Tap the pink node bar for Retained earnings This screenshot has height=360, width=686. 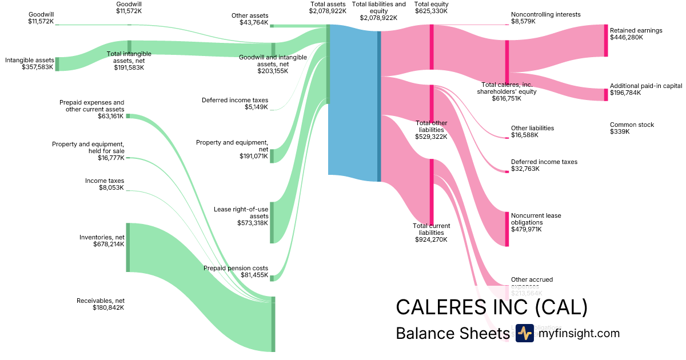point(606,41)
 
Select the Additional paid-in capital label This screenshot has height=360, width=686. point(646,86)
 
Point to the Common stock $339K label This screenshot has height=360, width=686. point(632,128)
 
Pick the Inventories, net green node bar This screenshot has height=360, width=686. point(128,247)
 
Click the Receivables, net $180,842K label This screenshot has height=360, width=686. point(101,304)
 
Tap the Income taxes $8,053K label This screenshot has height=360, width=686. point(105,184)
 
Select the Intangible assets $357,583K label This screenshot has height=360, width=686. point(29,63)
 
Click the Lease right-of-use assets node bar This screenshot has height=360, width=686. point(272,222)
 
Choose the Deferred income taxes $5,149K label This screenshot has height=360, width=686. point(234,103)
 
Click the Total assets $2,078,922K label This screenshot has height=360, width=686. point(328,7)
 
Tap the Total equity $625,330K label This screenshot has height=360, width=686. point(431,7)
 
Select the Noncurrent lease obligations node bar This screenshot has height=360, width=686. point(506,229)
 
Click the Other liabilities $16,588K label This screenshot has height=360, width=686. point(532,131)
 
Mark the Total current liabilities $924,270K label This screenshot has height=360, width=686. point(431,233)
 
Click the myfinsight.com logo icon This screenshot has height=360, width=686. point(524,333)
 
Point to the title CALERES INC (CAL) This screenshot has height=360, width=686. point(491,307)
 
